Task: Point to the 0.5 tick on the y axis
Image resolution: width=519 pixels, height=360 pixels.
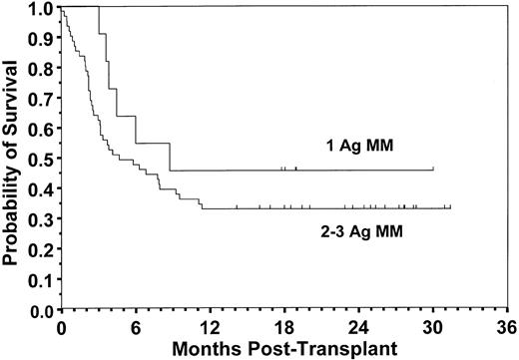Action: [44, 158]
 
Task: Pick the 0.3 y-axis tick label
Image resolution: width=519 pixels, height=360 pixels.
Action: [44, 218]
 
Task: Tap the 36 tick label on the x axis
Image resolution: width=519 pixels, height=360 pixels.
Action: [507, 326]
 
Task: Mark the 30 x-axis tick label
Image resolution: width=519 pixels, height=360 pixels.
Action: [433, 326]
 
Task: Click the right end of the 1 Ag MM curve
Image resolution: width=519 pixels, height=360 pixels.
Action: [433, 170]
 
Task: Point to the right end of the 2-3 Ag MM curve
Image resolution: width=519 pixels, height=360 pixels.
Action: [451, 207]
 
